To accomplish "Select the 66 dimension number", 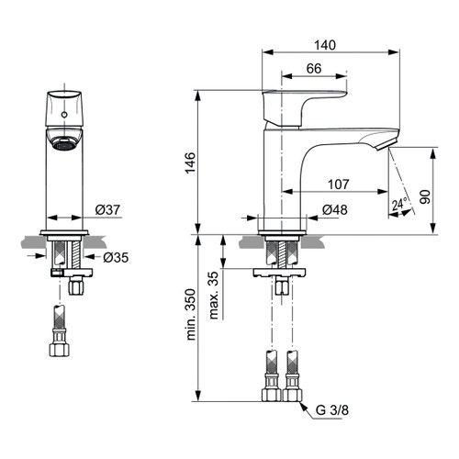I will (312, 68).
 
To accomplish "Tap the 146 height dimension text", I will (188, 162).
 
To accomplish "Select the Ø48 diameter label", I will (333, 210).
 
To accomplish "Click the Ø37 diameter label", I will (109, 210).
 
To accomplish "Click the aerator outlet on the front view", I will (62, 142).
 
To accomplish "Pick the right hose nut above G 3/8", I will (293, 396).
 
